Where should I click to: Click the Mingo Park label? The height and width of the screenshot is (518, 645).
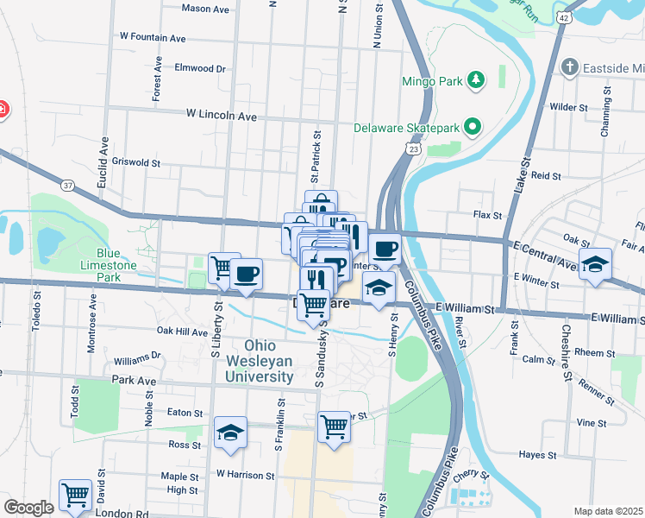[432, 82]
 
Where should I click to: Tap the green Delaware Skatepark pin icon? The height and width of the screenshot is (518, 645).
[473, 128]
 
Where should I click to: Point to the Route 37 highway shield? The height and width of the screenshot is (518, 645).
[68, 185]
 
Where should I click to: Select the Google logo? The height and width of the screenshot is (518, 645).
[28, 508]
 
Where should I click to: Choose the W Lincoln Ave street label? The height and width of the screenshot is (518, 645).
[222, 115]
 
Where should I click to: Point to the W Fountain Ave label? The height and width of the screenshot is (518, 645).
[153, 38]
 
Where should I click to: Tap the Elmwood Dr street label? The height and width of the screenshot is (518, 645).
[199, 68]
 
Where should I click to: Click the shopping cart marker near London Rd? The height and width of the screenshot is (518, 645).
[76, 495]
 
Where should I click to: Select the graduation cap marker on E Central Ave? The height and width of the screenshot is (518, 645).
[594, 264]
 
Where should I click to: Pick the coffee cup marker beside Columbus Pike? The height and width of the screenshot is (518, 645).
[385, 249]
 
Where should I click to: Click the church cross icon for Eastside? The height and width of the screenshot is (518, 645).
[569, 66]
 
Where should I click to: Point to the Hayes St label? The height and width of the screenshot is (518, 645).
[535, 454]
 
